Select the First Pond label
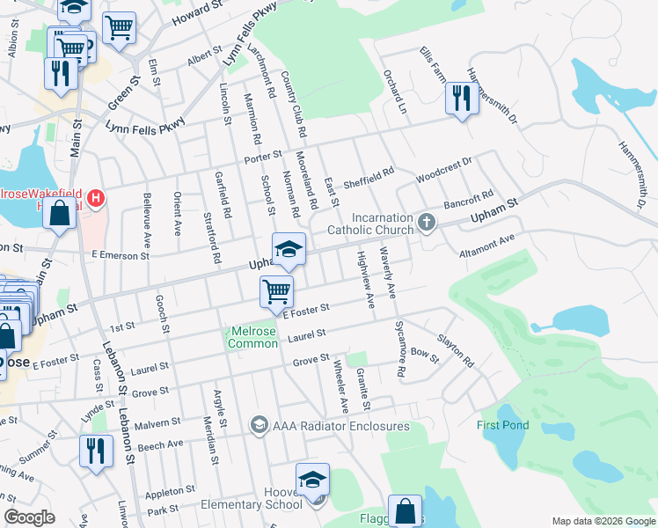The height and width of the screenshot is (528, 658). [503, 426]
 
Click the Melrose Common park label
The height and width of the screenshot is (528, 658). [253, 337]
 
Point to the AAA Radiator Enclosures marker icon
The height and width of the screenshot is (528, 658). [259, 426]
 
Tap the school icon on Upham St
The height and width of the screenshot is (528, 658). [288, 249]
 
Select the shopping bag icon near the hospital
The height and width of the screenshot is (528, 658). [59, 214]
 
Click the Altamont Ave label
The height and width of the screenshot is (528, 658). [486, 246]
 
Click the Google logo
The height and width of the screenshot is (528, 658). [30, 517]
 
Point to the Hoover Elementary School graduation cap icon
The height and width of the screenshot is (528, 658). [311, 480]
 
